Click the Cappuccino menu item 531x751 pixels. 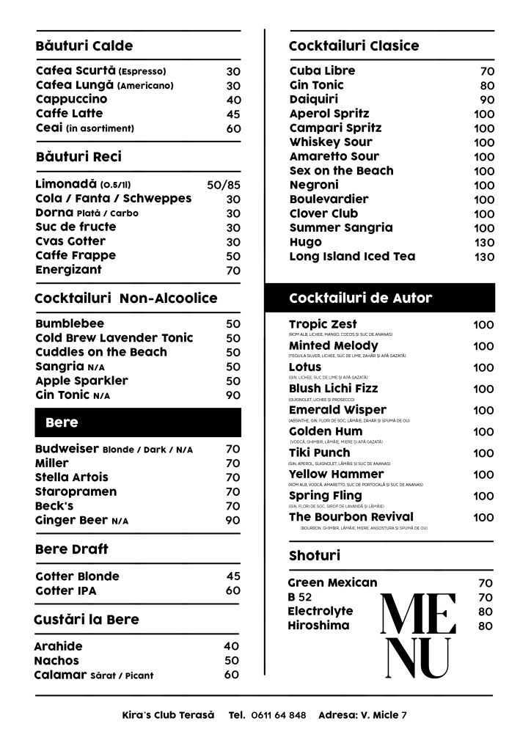[x=71, y=99]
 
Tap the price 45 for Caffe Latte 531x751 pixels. [x=233, y=114]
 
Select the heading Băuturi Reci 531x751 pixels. [x=78, y=156]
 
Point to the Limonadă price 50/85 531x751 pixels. [x=224, y=185]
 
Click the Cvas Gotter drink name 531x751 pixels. [x=70, y=241]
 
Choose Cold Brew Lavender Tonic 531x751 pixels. [x=114, y=338]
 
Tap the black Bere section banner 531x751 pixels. [x=138, y=422]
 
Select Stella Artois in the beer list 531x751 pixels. [x=71, y=477]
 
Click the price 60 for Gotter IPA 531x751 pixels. [x=233, y=590]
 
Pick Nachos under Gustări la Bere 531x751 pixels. [x=56, y=661]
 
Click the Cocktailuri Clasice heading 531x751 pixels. [x=354, y=45]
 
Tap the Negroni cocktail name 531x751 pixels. [x=314, y=185]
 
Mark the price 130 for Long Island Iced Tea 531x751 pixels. [x=484, y=257]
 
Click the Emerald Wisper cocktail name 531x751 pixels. [x=337, y=410]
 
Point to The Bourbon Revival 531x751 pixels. [x=351, y=517]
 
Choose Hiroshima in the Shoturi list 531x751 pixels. [x=318, y=626]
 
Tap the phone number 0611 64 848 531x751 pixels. [x=279, y=715]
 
